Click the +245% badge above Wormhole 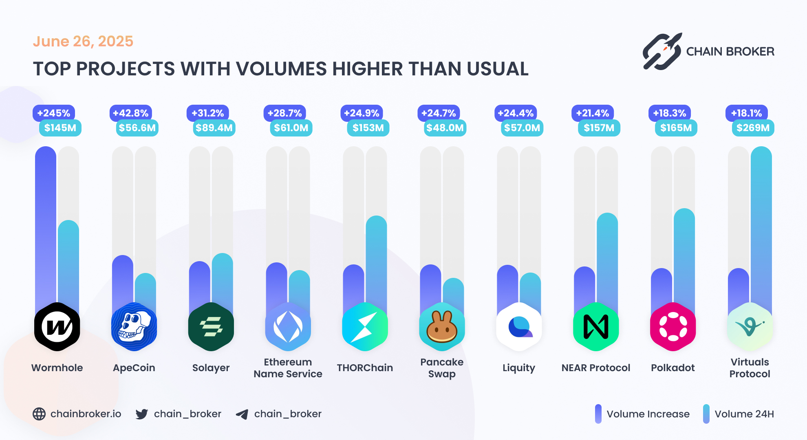click(x=54, y=113)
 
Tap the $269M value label click(x=753, y=128)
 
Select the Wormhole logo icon click(x=57, y=327)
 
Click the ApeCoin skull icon click(x=134, y=327)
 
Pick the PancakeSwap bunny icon click(x=442, y=327)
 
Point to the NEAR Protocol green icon click(x=596, y=327)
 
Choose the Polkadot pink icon click(x=673, y=327)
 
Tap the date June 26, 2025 click(x=83, y=41)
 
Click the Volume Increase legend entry click(x=648, y=414)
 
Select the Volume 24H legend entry click(x=744, y=414)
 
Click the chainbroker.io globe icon click(x=39, y=414)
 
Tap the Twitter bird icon click(x=142, y=414)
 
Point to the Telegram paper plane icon click(x=242, y=414)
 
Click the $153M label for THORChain click(x=368, y=128)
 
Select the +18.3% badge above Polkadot click(x=670, y=113)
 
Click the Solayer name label click(x=211, y=368)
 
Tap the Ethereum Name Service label click(x=288, y=368)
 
